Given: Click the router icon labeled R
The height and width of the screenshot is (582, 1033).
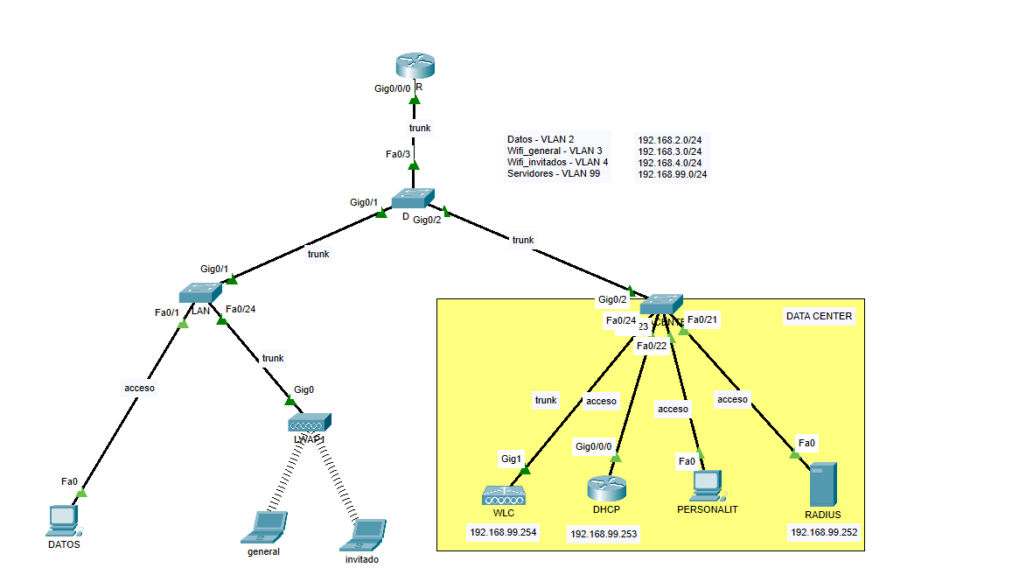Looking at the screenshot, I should (x=414, y=66).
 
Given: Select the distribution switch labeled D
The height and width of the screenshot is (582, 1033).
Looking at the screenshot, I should (x=412, y=199).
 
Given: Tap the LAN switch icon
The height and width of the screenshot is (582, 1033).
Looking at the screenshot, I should (x=201, y=293).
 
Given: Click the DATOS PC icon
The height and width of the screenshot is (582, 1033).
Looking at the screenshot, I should (x=63, y=520).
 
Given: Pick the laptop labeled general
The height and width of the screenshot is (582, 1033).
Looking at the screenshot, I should (x=264, y=525).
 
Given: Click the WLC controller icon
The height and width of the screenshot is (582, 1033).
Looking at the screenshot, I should (x=504, y=496).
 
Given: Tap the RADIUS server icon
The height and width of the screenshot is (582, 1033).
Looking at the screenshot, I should (x=823, y=484).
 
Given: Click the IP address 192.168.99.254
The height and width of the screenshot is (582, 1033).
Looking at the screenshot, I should (x=503, y=531).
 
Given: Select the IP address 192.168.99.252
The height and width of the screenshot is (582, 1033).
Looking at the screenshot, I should (x=824, y=531).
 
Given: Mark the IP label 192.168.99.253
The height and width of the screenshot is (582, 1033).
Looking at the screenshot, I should (x=604, y=533).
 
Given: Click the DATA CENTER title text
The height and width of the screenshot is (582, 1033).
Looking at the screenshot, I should (x=819, y=317).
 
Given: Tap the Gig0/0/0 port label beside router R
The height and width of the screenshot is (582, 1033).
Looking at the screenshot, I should (x=392, y=89).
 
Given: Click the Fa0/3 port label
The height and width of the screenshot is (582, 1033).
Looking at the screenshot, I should (x=398, y=154).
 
